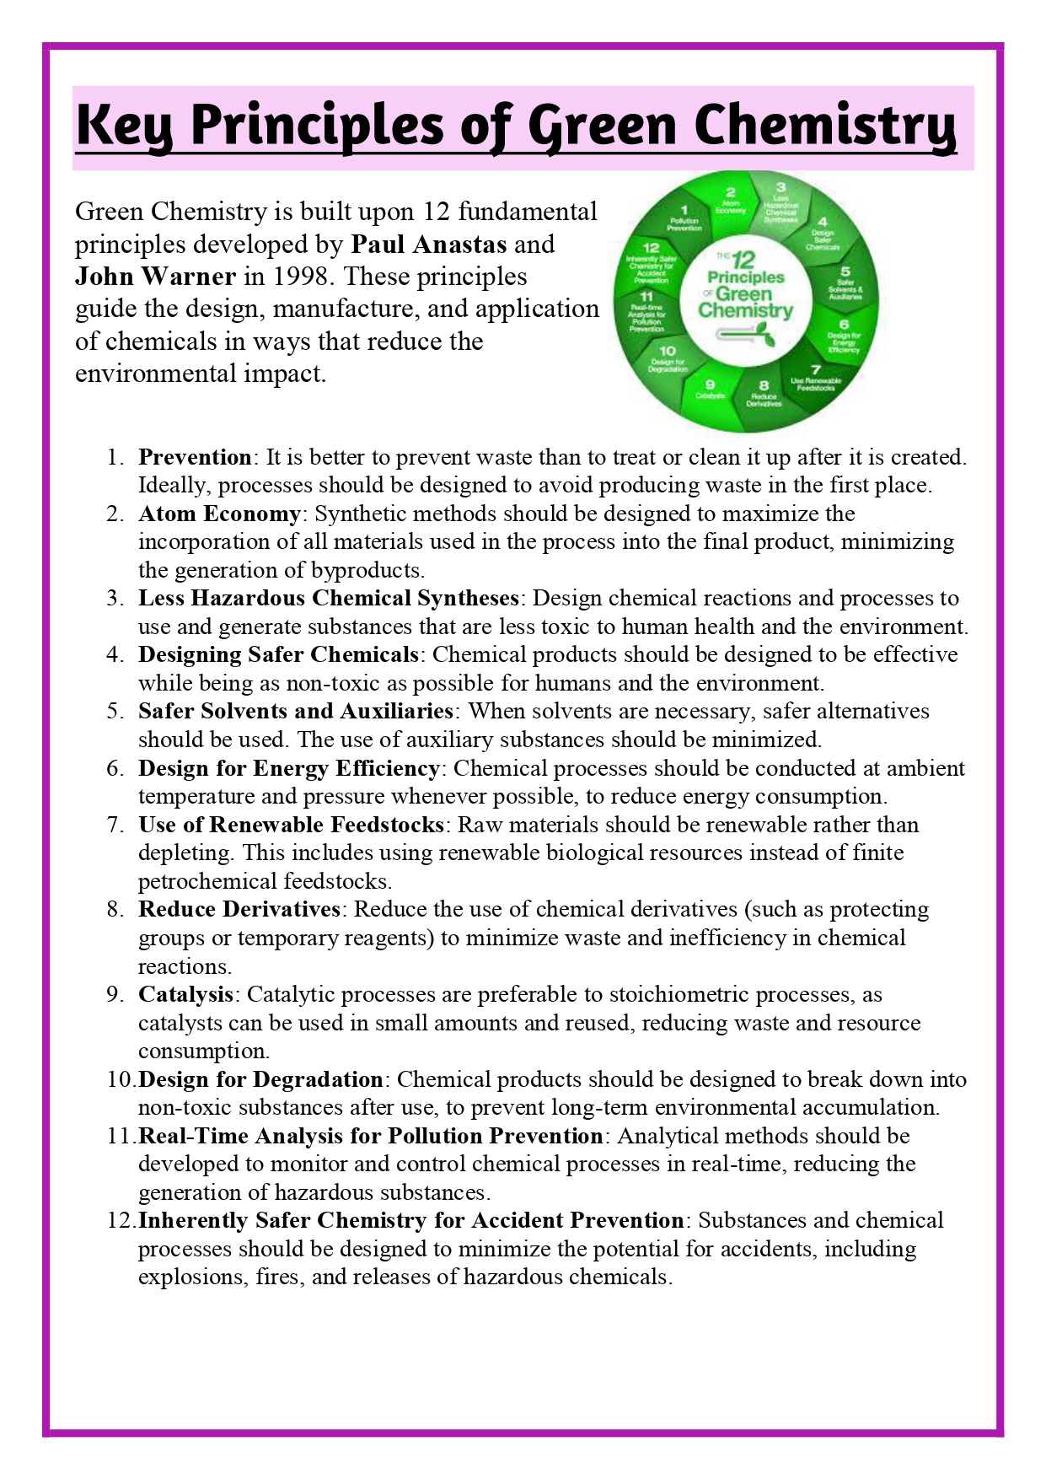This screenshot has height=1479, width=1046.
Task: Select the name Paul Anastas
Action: tap(428, 245)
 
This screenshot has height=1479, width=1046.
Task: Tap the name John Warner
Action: tap(155, 277)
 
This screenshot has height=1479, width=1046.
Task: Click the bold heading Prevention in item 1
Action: tap(195, 457)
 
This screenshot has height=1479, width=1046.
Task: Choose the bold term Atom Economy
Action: tap(219, 514)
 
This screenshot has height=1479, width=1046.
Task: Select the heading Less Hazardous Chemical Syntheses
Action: tap(329, 598)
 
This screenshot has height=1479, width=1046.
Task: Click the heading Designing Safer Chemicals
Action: tap(278, 654)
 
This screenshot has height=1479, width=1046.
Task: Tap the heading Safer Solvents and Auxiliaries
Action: tap(296, 711)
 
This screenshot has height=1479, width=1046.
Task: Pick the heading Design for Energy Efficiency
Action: tap(288, 768)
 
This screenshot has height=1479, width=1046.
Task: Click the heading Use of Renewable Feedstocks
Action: tap(291, 825)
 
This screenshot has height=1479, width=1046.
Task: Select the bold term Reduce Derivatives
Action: tap(239, 909)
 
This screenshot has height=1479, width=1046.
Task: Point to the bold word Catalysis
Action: tap(185, 994)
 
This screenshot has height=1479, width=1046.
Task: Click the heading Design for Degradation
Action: tap(260, 1079)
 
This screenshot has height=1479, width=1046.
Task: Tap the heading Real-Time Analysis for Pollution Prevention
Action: tap(370, 1136)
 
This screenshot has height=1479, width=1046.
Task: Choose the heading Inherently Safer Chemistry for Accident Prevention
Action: tap(410, 1220)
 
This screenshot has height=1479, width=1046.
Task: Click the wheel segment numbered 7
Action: tap(815, 378)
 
